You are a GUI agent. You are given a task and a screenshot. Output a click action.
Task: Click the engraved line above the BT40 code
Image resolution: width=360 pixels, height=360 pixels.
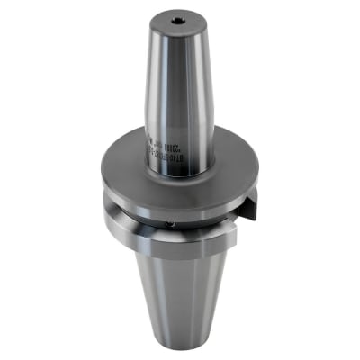173,145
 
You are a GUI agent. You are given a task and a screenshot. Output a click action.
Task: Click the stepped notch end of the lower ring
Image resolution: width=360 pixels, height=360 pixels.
229,236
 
